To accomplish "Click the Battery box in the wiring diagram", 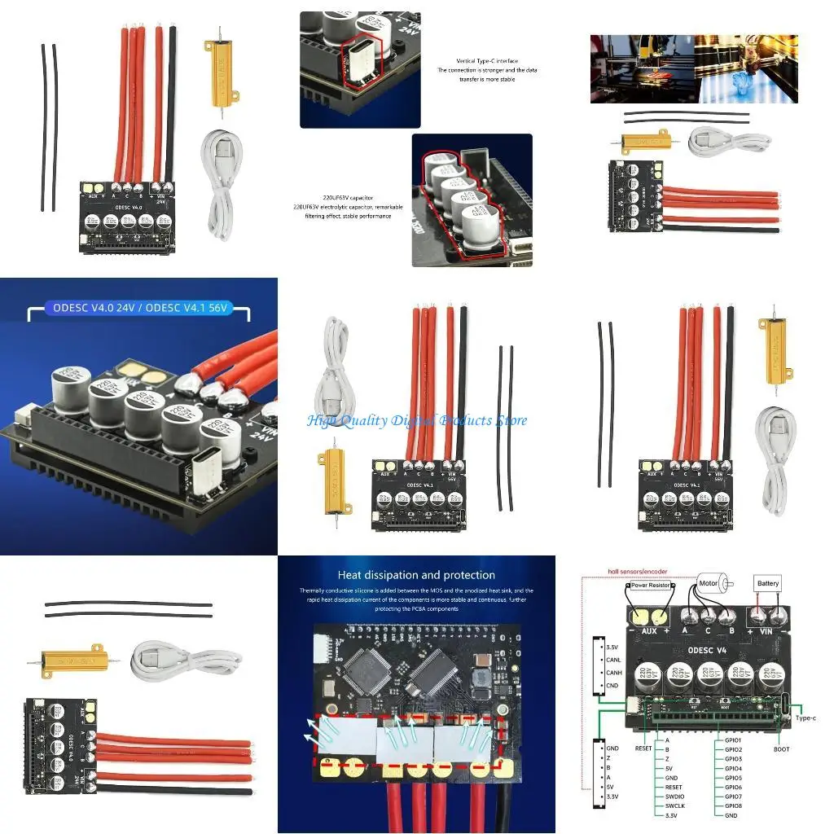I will click(x=768, y=583).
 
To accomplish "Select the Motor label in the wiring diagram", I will click(x=709, y=583).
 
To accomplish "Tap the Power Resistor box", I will click(x=649, y=584).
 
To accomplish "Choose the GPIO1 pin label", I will click(x=732, y=740).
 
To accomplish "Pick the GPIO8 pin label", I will click(x=732, y=805).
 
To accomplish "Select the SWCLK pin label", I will click(x=675, y=805).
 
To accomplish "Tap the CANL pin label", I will click(x=615, y=661).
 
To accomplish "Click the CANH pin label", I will click(x=615, y=673).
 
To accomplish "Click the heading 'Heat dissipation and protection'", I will click(x=416, y=575).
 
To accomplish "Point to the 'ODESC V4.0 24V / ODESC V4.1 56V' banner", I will click(x=138, y=309).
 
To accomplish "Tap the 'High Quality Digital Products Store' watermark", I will click(x=417, y=421).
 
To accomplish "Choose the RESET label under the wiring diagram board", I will click(x=643, y=748).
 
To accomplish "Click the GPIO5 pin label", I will click(x=732, y=778).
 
